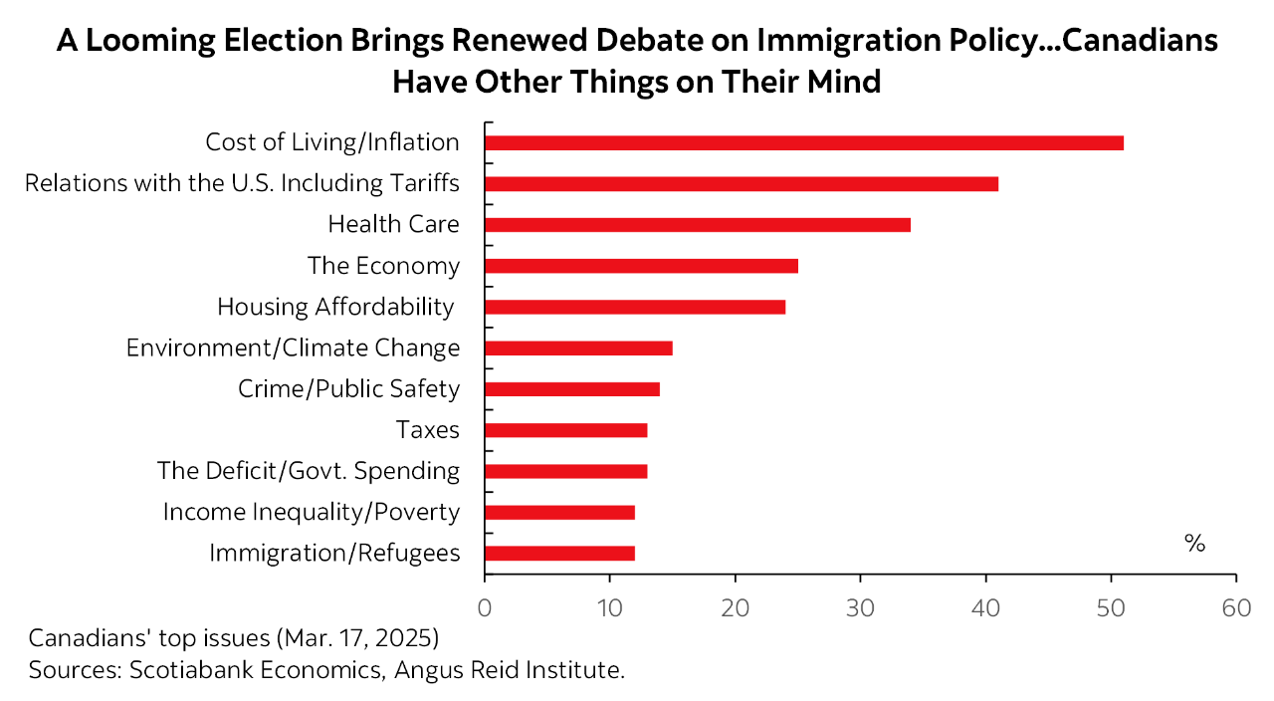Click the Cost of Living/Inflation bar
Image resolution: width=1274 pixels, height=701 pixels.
[x=804, y=142]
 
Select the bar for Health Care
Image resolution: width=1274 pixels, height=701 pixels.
[x=697, y=224]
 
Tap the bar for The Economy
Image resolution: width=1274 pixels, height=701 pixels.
[x=641, y=266]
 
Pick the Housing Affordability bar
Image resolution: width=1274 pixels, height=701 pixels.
[x=635, y=307]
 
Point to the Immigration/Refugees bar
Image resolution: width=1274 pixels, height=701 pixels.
[x=559, y=554]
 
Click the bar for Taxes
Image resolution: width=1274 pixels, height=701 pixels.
[x=565, y=430]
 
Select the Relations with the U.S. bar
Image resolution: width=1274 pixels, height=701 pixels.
[x=742, y=183]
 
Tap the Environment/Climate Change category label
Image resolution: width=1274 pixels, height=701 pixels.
[x=293, y=348]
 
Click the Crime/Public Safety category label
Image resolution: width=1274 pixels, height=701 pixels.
[x=348, y=388]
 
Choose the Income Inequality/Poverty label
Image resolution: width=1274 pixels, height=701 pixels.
[x=311, y=512]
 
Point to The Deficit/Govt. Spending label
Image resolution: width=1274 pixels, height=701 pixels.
[x=309, y=470]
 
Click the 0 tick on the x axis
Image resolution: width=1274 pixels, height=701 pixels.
[x=485, y=608]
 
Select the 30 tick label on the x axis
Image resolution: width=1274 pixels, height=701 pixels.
[x=860, y=608]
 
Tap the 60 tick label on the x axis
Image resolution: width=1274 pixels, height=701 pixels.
[x=1235, y=608]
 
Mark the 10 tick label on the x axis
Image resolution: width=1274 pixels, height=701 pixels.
[x=609, y=608]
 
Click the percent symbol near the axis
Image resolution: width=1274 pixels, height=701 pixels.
[x=1194, y=544]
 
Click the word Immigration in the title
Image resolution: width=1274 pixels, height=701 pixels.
[x=839, y=41]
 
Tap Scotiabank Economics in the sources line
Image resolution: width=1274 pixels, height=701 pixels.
[x=256, y=669]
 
